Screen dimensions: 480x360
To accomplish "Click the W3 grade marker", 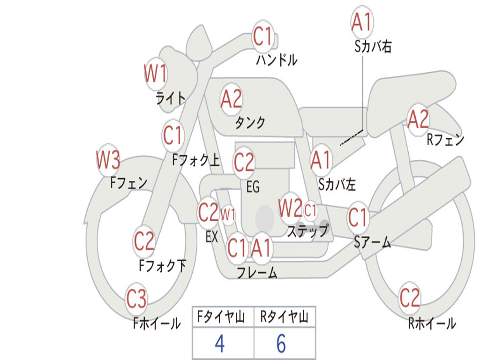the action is pos(108,160).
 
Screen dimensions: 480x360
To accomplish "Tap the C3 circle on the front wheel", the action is pos(137,299).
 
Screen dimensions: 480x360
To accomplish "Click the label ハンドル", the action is pos(277,60).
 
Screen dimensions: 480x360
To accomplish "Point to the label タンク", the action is pos(250,122).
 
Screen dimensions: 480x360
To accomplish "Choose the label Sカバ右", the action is pos(373,47).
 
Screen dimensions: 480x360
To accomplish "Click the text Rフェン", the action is pos(445,139).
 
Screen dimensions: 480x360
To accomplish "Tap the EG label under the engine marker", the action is pos(253,187).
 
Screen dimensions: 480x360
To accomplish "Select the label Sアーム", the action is pos(372,242).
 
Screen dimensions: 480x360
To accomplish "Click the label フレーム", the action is pos(257,272).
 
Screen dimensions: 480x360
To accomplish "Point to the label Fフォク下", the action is pos(162,266).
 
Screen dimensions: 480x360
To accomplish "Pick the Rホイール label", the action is pos(432,323).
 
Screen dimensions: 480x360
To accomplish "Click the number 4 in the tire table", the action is pos(219,344).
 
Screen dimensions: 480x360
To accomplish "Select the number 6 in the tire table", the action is pos(281,344).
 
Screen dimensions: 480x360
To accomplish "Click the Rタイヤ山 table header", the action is pos(284,318).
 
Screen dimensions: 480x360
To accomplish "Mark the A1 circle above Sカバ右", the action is pos(361,22).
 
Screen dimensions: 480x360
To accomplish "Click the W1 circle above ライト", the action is pos(155,74).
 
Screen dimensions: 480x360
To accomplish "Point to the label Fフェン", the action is pos(129,182).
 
